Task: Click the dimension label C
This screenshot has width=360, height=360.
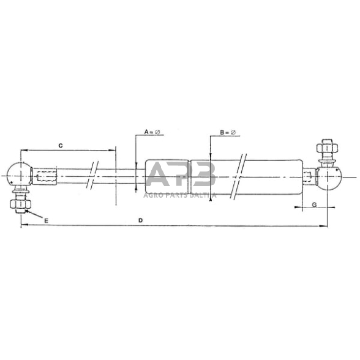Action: coord(60,145)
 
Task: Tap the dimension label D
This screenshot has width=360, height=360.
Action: coord(141,220)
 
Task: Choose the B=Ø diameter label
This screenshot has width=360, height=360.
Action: coord(227,132)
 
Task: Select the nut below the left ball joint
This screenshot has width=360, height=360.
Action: coord(19,204)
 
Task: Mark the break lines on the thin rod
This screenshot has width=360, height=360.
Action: coord(92,176)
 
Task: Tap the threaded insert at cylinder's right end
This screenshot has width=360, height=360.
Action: coord(310,178)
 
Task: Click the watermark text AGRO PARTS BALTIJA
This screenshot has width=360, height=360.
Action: coord(180,195)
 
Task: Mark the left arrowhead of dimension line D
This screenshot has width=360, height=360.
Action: coord(23,227)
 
